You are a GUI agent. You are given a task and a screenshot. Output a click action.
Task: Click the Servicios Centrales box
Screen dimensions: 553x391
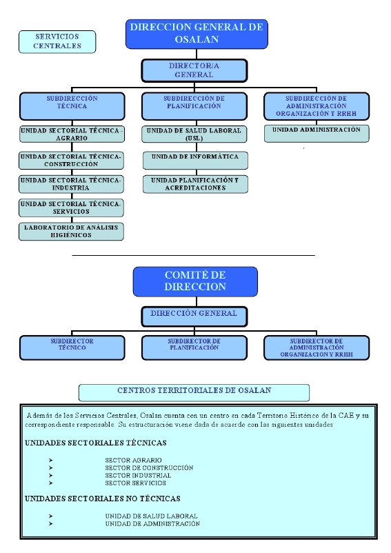(x=57, y=41)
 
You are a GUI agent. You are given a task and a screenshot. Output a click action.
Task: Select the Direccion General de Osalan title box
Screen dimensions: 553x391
(x=197, y=34)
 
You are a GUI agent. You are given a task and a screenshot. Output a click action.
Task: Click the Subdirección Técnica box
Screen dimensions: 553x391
(x=72, y=106)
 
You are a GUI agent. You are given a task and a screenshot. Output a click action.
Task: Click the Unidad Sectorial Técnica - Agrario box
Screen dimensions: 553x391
(x=72, y=134)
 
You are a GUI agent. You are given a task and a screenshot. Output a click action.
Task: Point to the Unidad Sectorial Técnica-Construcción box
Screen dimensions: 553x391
(x=72, y=161)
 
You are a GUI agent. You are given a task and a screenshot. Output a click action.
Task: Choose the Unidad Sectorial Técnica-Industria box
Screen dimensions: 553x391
(x=72, y=184)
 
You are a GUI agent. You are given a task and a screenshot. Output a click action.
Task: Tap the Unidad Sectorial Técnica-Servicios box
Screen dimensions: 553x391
(x=72, y=208)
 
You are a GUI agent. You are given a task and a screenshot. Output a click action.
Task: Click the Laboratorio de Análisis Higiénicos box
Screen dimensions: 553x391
(x=72, y=232)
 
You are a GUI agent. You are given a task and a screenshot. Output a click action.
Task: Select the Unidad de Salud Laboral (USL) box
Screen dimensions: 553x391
(x=194, y=134)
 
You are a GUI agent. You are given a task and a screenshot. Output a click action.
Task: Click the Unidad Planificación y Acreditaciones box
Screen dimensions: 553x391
(x=195, y=184)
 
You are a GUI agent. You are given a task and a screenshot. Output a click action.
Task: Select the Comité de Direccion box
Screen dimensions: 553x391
(x=195, y=281)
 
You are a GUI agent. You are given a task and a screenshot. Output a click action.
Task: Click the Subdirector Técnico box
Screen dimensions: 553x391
(x=72, y=348)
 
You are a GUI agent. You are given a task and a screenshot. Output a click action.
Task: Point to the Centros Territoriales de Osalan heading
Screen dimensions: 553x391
(x=194, y=392)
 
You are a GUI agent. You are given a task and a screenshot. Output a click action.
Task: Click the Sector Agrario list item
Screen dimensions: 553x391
(x=133, y=460)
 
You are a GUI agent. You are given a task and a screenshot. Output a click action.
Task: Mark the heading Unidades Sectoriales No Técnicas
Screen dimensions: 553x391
(x=102, y=499)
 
